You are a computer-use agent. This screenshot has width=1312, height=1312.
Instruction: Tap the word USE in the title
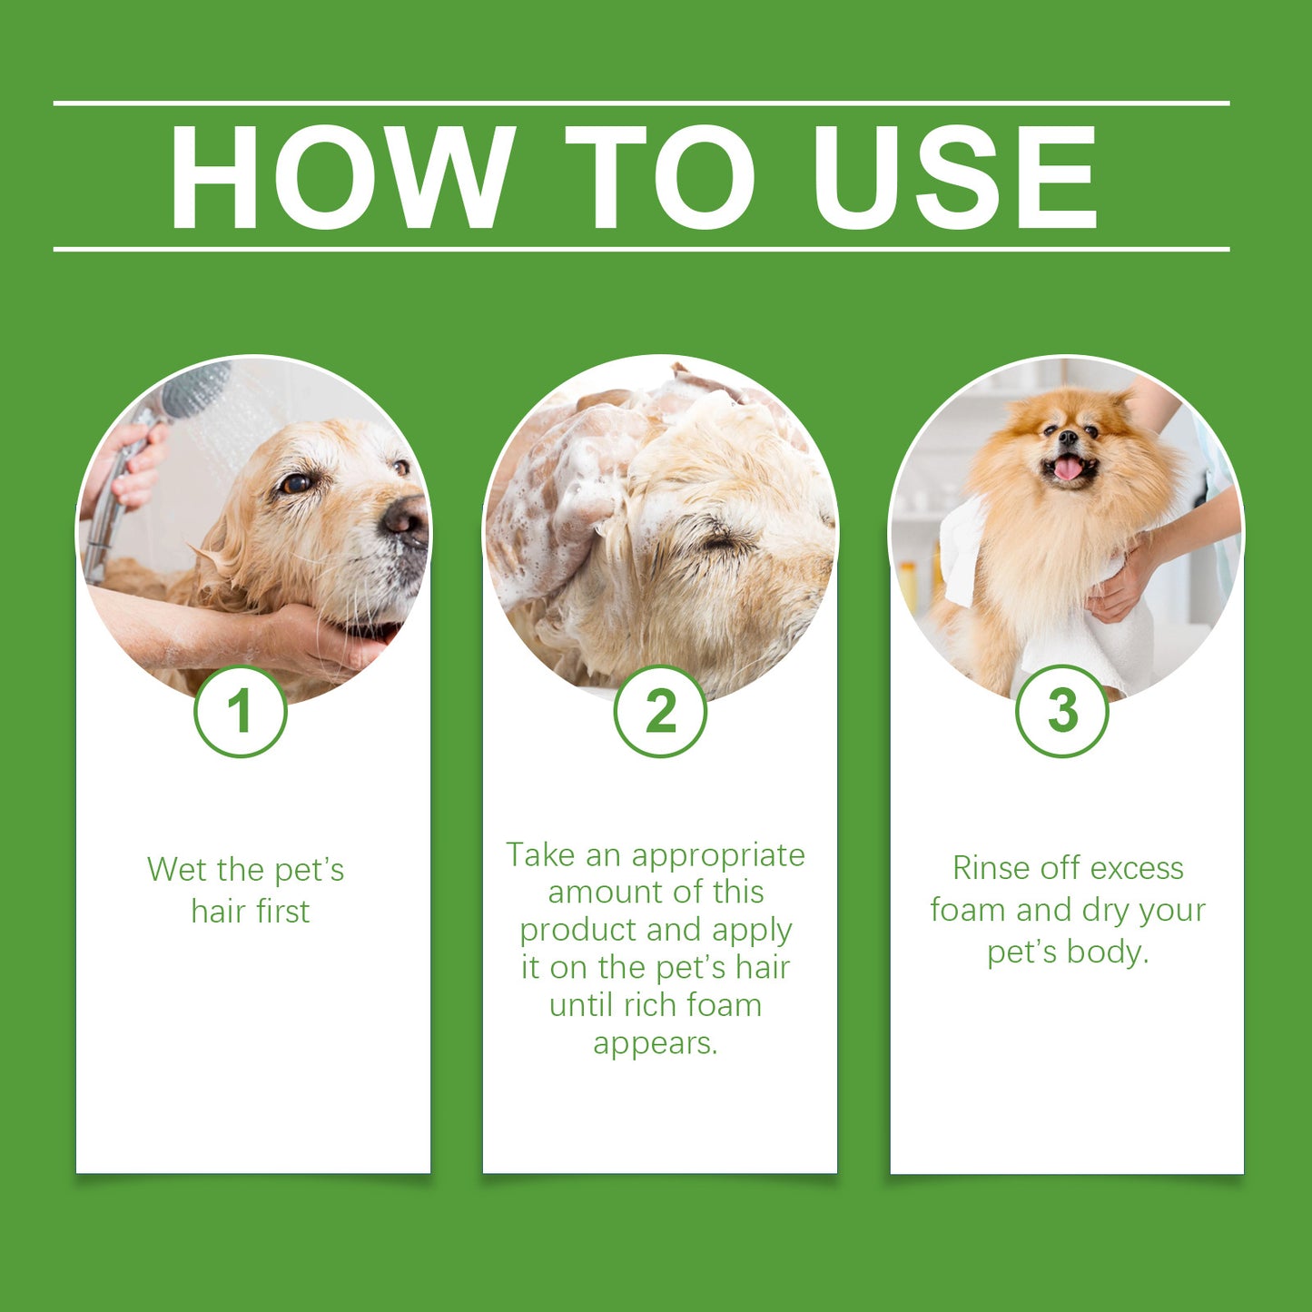pos(955,176)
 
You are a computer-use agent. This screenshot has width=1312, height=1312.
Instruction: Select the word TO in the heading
pos(660,176)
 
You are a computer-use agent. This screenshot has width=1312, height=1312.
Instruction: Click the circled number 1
pos(241,711)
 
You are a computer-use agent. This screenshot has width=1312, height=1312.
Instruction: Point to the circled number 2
pos(660,711)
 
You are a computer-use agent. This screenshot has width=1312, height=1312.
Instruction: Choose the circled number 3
pos(1061,711)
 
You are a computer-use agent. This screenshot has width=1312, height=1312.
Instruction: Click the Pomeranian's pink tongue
pos(1068,469)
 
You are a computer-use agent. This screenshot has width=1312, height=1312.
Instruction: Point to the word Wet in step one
pos(176,870)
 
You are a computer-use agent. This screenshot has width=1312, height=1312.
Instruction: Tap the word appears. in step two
pos(655,1044)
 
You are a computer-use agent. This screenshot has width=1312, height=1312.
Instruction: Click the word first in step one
pos(282,912)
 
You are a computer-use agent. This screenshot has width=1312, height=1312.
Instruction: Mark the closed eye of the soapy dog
pos(722,543)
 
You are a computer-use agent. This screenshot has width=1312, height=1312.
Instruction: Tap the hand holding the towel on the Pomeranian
pos(1121,586)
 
